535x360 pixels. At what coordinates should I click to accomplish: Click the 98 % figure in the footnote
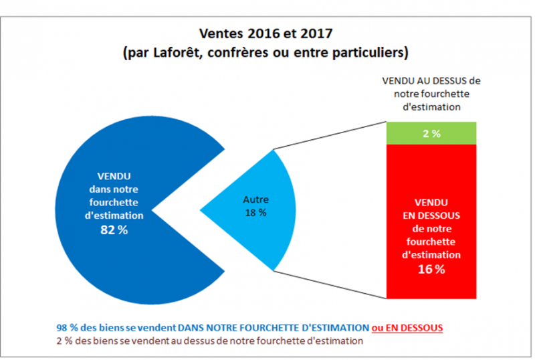coord(66,328)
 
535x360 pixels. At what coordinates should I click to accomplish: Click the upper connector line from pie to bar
coord(331,136)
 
